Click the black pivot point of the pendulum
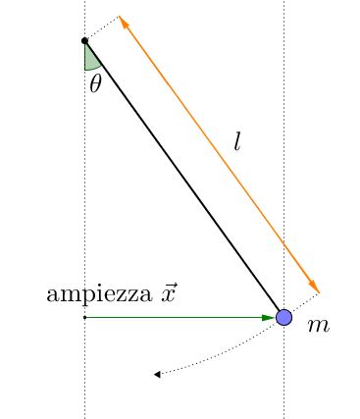tap(84, 40)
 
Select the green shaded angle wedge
tap(90, 58)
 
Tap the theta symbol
tap(95, 83)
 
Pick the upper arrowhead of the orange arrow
tap(123, 21)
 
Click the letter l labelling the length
tap(236, 141)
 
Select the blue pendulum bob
tap(283, 317)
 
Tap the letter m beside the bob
tap(318, 324)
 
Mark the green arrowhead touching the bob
tap(269, 317)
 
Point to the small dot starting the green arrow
tap(84, 317)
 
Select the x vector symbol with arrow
tap(169, 292)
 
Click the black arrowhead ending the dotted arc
tap(157, 374)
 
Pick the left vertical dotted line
tap(84, 196)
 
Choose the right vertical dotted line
tap(284, 147)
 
